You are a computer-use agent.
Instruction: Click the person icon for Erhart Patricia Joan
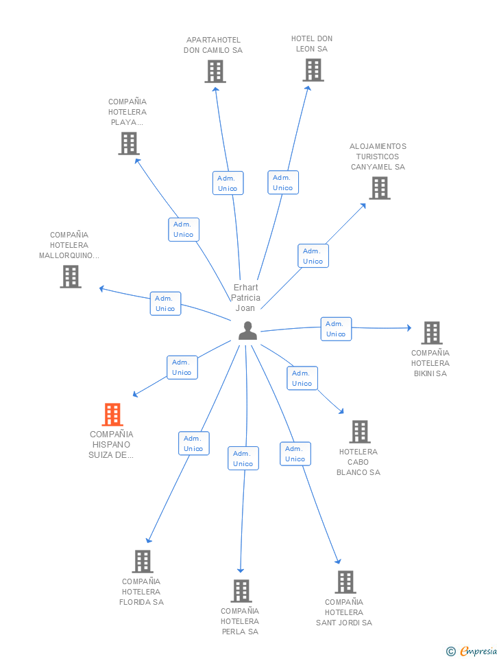[247, 330]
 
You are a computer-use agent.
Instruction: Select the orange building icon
[112, 415]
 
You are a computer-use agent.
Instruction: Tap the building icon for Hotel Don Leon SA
[313, 70]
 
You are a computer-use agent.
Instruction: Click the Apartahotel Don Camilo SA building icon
[215, 71]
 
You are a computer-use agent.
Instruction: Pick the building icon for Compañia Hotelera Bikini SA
[432, 333]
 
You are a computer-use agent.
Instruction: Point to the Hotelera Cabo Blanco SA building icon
[360, 432]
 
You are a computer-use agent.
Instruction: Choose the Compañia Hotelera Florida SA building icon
[143, 562]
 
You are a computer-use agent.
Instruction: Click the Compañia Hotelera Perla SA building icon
[241, 591]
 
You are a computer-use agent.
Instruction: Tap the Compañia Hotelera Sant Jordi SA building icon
[345, 582]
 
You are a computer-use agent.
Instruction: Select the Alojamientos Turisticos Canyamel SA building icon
[380, 188]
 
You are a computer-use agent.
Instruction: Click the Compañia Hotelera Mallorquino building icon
[71, 277]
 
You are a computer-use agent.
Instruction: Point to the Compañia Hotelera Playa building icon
[129, 143]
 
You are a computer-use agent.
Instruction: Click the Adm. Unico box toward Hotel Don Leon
[283, 183]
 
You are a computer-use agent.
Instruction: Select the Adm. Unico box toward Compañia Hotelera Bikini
[336, 329]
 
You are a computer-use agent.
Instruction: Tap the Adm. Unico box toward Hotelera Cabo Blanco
[302, 378]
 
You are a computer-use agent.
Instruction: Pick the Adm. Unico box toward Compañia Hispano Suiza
[182, 367]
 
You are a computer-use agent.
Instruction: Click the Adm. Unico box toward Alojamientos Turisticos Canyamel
[313, 255]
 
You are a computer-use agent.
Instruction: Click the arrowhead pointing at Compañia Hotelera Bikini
[409, 328]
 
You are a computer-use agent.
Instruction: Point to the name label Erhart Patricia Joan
[245, 297]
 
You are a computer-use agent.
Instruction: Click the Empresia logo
[472, 651]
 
